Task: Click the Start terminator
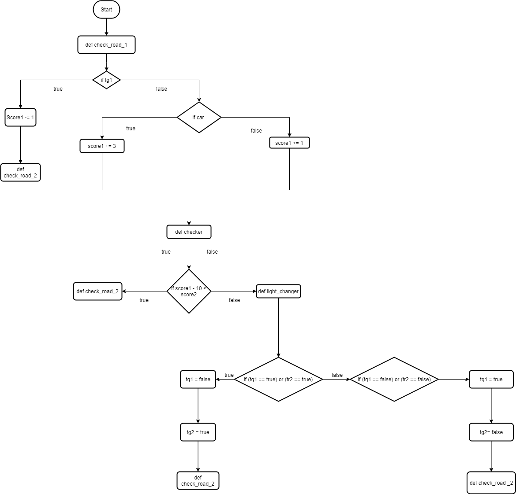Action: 106,10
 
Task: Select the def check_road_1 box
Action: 106,45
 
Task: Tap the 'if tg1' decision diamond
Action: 106,80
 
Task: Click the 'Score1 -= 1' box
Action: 20,118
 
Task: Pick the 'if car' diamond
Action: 199,118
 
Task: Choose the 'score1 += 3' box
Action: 102,146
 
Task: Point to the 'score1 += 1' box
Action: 289,143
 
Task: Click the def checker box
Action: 189,232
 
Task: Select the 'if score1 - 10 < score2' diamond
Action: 189,291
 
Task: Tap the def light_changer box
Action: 278,291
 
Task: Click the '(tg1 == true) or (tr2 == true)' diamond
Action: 278,380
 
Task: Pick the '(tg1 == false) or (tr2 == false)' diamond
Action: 394,380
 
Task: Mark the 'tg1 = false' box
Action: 198,380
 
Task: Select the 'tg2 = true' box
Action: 198,432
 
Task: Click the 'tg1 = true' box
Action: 491,380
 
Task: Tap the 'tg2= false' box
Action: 491,432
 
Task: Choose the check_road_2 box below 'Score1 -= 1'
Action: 20,173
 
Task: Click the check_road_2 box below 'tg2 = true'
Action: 198,481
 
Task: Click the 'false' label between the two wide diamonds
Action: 337,375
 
